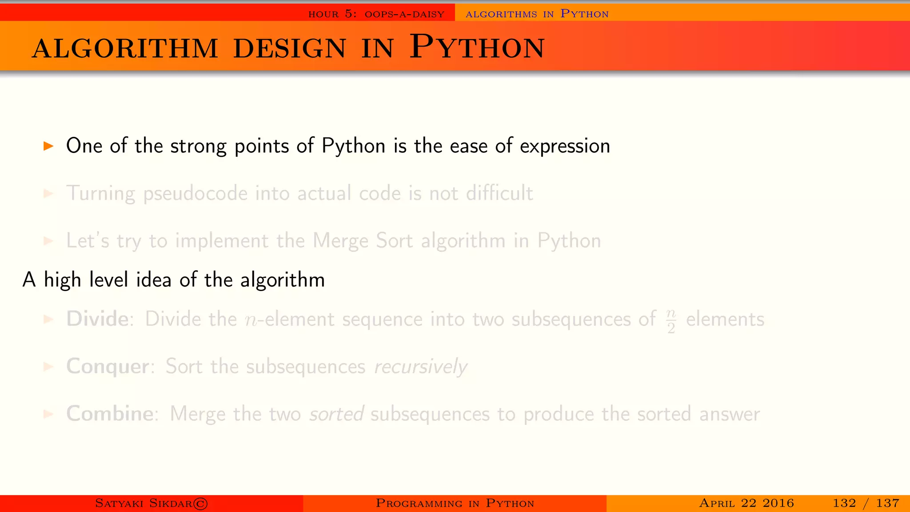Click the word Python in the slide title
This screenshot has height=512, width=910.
tap(477, 47)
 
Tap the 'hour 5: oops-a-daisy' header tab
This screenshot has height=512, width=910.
tap(376, 14)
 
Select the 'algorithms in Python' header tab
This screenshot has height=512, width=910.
tap(537, 14)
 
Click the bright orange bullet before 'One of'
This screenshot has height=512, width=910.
tap(48, 146)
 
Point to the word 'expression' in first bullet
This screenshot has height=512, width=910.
tap(565, 146)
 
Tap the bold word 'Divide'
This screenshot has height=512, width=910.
tap(97, 319)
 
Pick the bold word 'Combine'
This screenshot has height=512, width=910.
tap(110, 414)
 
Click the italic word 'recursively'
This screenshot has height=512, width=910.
tap(420, 367)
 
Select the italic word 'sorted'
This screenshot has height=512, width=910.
tap(337, 414)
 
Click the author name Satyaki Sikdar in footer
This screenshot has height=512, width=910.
tap(144, 503)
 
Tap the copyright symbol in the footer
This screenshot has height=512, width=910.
tap(201, 504)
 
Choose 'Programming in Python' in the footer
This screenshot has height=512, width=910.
tap(455, 503)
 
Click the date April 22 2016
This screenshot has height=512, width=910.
tap(746, 503)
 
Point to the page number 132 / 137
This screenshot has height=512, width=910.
tap(866, 503)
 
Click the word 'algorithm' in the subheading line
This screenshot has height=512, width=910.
tap(282, 280)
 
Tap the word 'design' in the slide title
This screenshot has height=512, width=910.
tap(289, 48)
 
